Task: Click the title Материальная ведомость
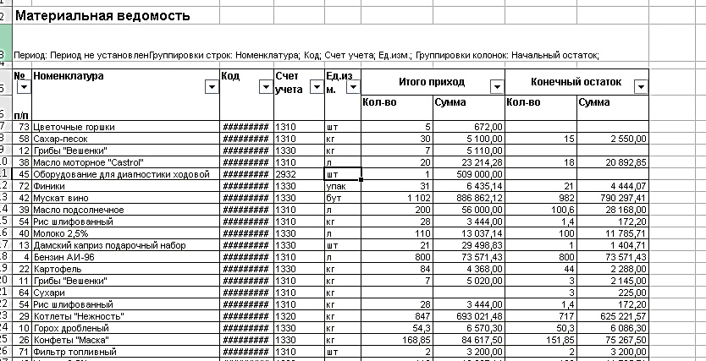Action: point(102,16)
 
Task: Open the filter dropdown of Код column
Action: point(264,87)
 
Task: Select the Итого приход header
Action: point(432,82)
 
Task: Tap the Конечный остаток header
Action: point(576,82)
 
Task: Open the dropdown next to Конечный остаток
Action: point(641,86)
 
